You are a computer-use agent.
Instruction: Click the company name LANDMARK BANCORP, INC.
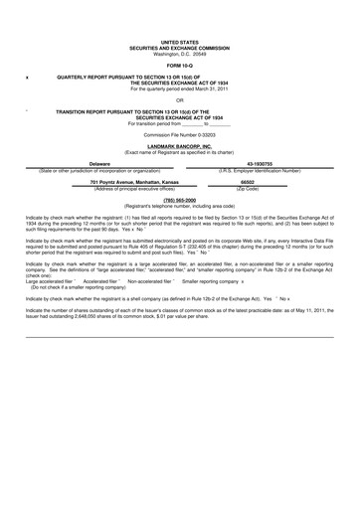[180, 145]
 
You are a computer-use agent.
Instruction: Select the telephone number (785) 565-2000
[180, 200]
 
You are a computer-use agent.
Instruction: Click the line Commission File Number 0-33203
[180, 133]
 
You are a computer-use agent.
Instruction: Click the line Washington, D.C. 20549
[180, 53]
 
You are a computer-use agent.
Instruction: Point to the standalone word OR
[180, 100]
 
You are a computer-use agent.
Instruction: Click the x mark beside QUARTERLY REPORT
[26, 77]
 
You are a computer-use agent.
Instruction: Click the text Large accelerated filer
[49, 281]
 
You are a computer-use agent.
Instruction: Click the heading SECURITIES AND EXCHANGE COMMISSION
[180, 48]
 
